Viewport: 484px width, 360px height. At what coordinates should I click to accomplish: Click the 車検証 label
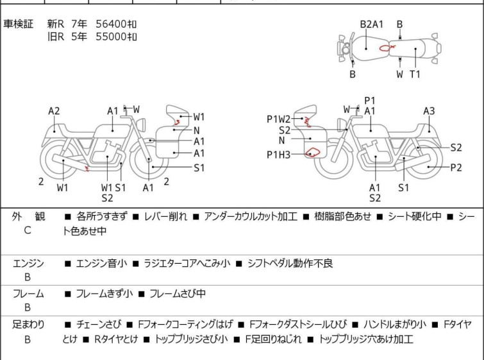point(18,24)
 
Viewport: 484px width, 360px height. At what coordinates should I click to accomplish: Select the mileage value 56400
point(111,24)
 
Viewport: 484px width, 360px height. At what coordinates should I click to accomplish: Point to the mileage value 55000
point(111,37)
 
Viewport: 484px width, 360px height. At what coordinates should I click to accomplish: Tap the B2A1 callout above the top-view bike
point(372,24)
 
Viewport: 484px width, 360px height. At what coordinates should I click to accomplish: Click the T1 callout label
point(415,74)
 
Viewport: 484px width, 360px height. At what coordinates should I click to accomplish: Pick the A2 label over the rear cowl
point(54,111)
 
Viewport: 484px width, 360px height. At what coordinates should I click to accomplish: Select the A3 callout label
point(429,111)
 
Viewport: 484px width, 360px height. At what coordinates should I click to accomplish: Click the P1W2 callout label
point(278,119)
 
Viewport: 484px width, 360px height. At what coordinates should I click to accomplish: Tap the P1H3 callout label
point(278,155)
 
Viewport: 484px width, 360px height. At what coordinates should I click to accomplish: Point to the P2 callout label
point(456,167)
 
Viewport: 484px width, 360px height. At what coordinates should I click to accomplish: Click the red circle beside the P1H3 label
point(312,152)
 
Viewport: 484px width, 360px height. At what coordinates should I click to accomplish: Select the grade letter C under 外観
point(28,230)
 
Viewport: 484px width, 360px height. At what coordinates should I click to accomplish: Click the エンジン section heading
point(28,263)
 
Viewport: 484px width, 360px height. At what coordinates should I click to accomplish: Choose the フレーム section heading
point(28,293)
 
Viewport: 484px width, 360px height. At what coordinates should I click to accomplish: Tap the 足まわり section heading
point(28,325)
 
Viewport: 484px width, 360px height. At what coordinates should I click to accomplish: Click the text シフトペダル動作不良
point(290,263)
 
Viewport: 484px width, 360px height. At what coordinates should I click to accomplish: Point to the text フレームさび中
point(178,293)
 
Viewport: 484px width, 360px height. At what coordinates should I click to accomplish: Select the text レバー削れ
point(165,216)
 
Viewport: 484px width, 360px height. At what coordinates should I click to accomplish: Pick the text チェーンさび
point(99,325)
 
